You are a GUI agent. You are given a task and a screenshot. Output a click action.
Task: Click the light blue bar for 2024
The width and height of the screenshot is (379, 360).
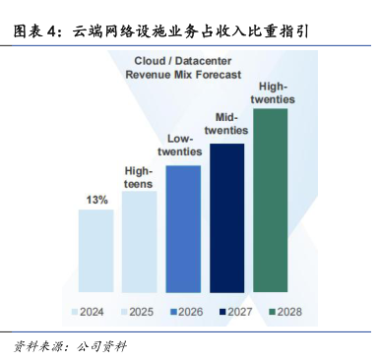96,251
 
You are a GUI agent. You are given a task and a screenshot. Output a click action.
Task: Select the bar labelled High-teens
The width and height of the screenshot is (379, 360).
139,242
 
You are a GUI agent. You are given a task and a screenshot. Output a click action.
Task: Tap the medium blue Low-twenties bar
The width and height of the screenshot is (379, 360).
183,229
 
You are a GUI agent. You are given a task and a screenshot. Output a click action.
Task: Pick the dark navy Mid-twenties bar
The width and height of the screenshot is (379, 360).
227,218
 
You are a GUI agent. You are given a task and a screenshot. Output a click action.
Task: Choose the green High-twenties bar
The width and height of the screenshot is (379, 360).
271,201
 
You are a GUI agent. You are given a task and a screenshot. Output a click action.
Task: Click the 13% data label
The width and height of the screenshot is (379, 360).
96,200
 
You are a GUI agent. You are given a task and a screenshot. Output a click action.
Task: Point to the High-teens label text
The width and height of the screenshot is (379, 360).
139,177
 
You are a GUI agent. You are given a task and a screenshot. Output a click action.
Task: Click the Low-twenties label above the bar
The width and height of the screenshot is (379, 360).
179,145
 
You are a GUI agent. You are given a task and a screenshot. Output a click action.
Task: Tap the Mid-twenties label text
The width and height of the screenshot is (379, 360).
226,124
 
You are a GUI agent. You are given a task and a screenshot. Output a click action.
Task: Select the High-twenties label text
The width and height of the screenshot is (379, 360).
273,92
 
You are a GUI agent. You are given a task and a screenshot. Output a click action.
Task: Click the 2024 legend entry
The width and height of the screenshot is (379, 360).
88,312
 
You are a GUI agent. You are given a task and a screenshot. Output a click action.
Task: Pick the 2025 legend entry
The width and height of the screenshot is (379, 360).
137,312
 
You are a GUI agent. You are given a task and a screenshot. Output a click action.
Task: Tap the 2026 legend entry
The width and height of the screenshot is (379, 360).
187,312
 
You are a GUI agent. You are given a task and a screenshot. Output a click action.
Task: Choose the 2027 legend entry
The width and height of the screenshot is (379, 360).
236,312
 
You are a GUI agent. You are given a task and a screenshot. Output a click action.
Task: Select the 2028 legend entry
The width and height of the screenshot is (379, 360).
285,312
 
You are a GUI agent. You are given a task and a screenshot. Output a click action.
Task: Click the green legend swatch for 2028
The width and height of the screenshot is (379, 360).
273,312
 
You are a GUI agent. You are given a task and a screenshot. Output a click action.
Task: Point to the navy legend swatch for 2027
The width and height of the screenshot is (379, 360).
222,312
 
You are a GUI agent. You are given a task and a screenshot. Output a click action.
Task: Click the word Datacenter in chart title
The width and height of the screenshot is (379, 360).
203,61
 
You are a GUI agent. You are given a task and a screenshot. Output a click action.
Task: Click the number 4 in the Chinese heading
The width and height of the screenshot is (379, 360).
51,31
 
